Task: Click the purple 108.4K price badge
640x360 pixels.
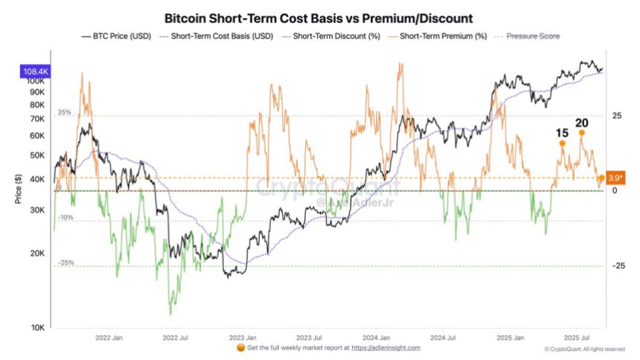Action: [x=34, y=72]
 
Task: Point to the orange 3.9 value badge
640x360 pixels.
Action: [x=616, y=177]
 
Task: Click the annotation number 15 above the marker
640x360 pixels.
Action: [x=563, y=133]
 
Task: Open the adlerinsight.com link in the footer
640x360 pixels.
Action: [x=385, y=348]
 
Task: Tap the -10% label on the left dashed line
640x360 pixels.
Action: [x=65, y=217]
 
